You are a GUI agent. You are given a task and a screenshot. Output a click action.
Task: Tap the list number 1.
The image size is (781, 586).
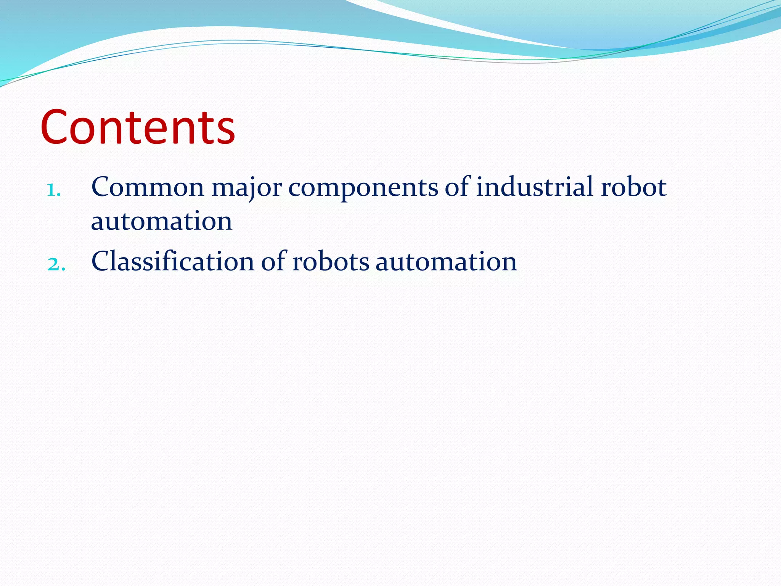[x=54, y=190]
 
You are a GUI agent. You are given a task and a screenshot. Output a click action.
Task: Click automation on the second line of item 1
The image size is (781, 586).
[x=162, y=221]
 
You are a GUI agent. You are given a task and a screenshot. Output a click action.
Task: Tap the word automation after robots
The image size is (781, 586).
[x=446, y=262]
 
